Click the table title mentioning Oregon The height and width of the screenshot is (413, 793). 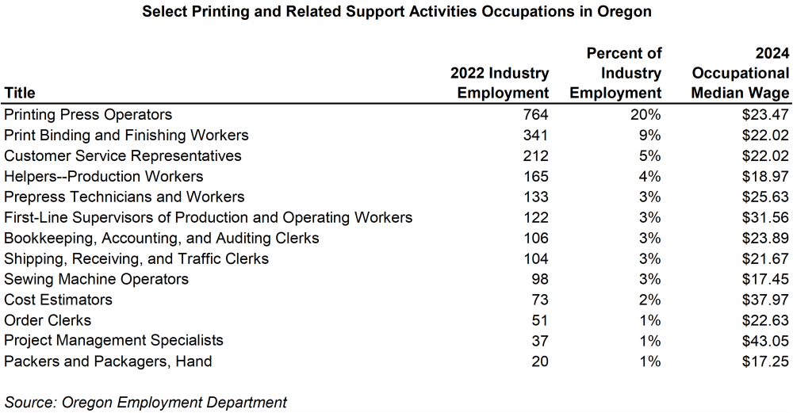click(396, 13)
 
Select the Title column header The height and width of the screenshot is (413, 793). click(20, 93)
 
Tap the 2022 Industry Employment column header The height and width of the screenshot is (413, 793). click(500, 83)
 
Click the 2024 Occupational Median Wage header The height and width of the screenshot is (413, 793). click(740, 73)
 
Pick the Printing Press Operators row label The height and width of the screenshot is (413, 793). click(88, 115)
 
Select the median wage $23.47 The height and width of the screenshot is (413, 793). click(765, 115)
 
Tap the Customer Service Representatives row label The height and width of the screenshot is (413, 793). click(123, 156)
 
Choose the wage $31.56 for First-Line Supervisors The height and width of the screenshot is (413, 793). click(765, 218)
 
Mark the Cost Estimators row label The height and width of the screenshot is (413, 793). click(59, 300)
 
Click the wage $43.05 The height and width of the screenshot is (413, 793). click(765, 341)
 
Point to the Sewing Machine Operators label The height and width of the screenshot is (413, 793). click(97, 279)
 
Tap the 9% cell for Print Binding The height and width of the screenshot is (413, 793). click(650, 136)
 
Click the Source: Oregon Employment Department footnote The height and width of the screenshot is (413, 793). click(146, 402)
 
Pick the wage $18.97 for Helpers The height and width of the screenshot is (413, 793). click(765, 177)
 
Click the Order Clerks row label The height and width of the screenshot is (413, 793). click(48, 320)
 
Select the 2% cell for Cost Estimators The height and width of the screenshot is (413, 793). click(650, 300)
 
